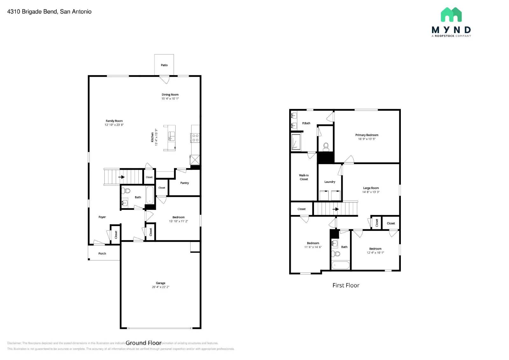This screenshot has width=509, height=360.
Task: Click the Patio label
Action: pos(164,65)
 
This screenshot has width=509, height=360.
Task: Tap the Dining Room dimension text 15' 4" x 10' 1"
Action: pos(170,99)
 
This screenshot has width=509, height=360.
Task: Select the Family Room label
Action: pos(114,121)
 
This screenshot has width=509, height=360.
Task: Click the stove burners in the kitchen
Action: pos(195,138)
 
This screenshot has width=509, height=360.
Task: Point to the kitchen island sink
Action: pos(171,136)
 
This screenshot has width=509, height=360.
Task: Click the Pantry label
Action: pos(185,183)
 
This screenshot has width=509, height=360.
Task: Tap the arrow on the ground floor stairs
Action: pos(122,177)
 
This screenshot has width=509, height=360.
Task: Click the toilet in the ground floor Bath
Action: pos(126,191)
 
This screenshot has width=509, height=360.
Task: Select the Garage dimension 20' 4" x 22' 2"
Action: pos(161,287)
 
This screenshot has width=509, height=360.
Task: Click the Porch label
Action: pos(102,254)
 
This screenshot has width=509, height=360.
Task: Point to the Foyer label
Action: pos(102,217)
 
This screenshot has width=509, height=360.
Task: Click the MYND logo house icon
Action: pos(451,15)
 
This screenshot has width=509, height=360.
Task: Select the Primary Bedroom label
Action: pos(367,135)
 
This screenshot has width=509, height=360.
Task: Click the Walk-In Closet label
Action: pos(304,177)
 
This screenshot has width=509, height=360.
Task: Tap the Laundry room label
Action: pos(330,182)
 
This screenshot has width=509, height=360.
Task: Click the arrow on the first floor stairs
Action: pos(336,209)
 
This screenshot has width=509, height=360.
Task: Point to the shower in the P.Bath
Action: pos(296,142)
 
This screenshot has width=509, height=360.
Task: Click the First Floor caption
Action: pos(346,286)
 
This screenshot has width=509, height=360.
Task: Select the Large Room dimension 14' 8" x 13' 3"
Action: pos(371,192)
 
